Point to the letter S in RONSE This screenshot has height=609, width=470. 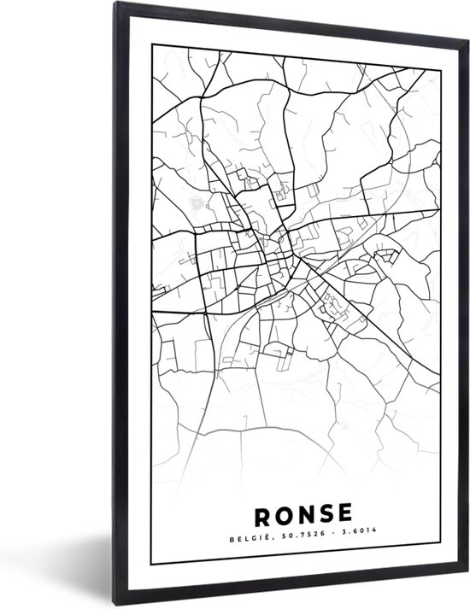point(325,515)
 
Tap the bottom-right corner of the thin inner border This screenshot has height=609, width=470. point(441,565)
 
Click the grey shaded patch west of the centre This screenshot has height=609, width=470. point(198,204)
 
